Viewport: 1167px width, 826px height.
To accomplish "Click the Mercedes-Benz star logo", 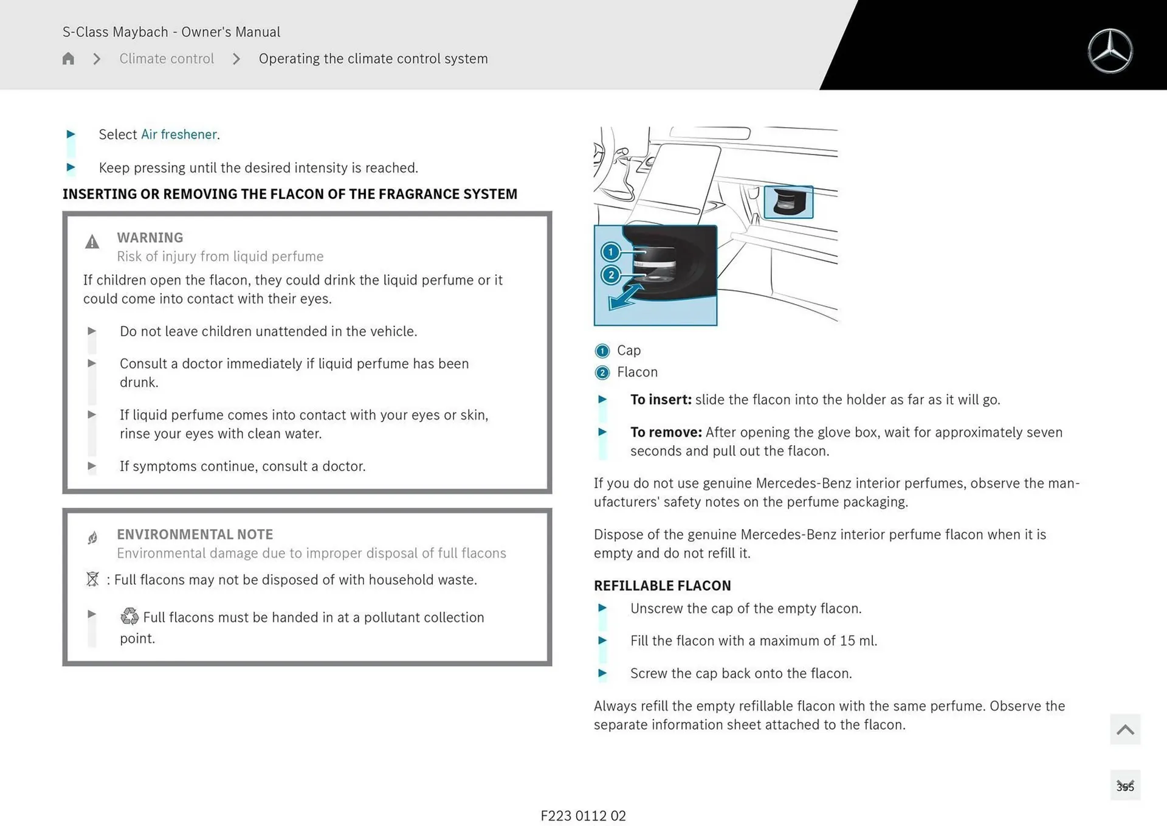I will (1110, 51).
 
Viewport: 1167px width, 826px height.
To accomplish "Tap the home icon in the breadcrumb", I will (68, 58).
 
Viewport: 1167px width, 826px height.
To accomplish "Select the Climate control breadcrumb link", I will (167, 58).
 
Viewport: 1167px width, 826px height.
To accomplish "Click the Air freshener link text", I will (179, 134).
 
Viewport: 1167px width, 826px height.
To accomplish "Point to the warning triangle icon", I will (92, 242).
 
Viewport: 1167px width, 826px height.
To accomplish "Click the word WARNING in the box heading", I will (150, 237).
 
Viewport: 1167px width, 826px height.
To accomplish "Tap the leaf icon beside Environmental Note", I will (92, 538).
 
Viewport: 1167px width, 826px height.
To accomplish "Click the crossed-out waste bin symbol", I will (92, 579).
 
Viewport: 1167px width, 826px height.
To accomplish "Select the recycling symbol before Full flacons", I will (129, 616).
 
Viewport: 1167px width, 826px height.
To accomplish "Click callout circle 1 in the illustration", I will (610, 252).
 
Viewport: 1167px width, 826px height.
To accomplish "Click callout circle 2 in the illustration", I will (611, 275).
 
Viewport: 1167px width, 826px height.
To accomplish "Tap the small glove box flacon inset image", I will (788, 202).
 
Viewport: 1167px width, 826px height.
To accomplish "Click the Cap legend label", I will (628, 350).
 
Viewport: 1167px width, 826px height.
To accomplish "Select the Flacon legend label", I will (637, 372).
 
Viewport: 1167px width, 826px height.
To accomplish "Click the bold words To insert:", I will (661, 400).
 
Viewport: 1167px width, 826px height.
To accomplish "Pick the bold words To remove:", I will (666, 432).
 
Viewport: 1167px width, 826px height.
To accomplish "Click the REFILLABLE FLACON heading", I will (662, 585).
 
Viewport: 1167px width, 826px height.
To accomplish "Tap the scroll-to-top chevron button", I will (1124, 729).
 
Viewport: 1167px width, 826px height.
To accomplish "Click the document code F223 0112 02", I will (583, 816).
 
